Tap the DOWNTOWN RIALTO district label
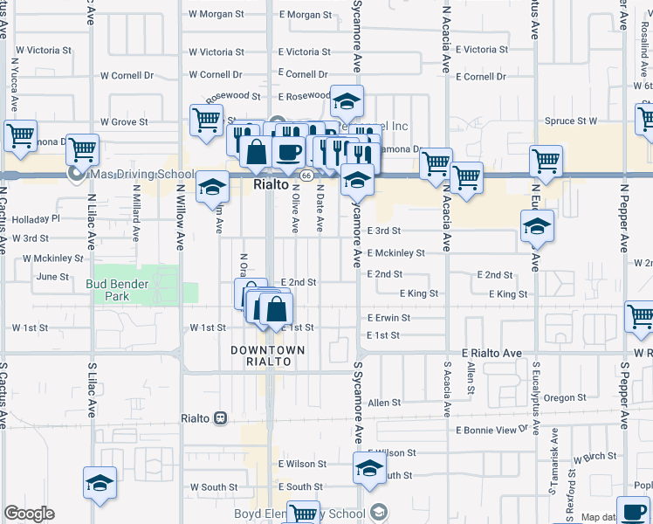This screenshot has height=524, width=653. [x=268, y=355]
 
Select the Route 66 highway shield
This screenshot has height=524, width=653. [x=306, y=176]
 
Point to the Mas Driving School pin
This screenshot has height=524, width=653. [x=78, y=175]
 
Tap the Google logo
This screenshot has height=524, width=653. [x=29, y=514]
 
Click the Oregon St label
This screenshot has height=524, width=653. [x=564, y=397]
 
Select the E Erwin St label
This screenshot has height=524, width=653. [x=388, y=318]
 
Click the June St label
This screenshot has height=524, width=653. [x=52, y=276]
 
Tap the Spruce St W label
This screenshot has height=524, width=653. [x=570, y=121]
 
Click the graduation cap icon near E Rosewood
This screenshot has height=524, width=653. [x=347, y=103]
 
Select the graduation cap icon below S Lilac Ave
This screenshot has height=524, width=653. [x=100, y=481]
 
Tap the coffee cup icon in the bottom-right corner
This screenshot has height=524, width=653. [x=633, y=510]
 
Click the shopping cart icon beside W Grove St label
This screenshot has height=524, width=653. [x=206, y=121]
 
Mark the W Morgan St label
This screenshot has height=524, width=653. [x=217, y=15]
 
